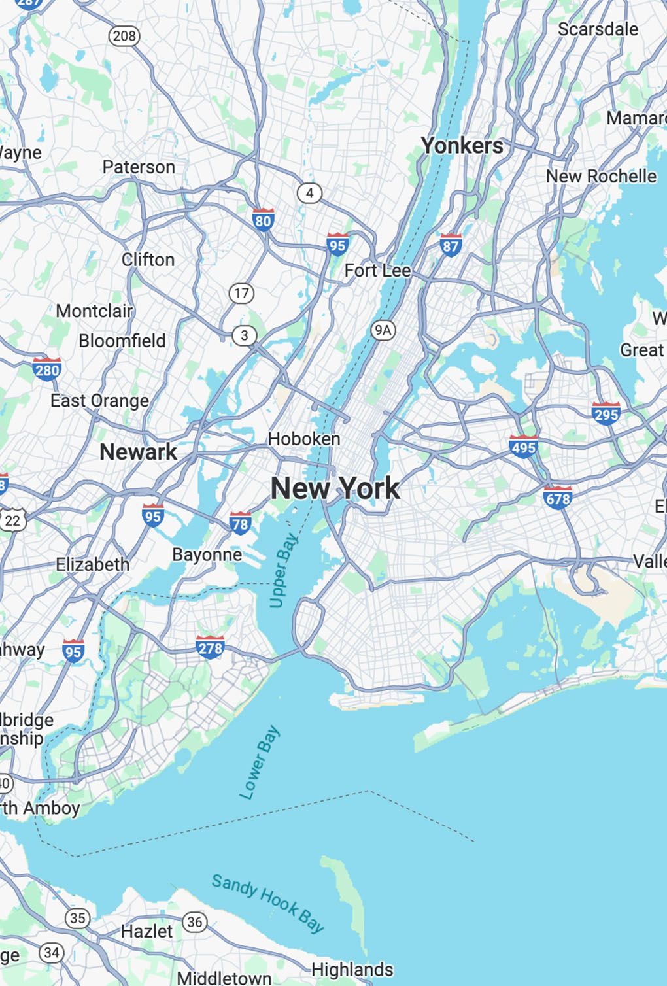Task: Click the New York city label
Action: point(335,488)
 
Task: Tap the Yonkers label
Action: point(462,145)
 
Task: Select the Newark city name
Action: point(138,451)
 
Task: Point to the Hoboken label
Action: point(304,439)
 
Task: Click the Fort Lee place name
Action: point(378,270)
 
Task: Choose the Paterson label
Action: point(139,167)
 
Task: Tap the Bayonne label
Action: point(207,554)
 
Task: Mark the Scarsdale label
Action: point(598,29)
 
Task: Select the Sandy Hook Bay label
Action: point(267,903)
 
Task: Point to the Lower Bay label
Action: point(259,762)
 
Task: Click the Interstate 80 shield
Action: point(263,220)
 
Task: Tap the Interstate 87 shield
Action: point(451,245)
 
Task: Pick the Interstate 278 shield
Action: point(210,647)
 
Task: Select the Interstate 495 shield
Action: point(523,446)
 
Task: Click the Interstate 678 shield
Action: point(557,498)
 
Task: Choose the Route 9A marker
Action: point(383,330)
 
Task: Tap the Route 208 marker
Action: point(124,35)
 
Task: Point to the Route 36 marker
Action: point(194,922)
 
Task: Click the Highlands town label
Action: point(352,969)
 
